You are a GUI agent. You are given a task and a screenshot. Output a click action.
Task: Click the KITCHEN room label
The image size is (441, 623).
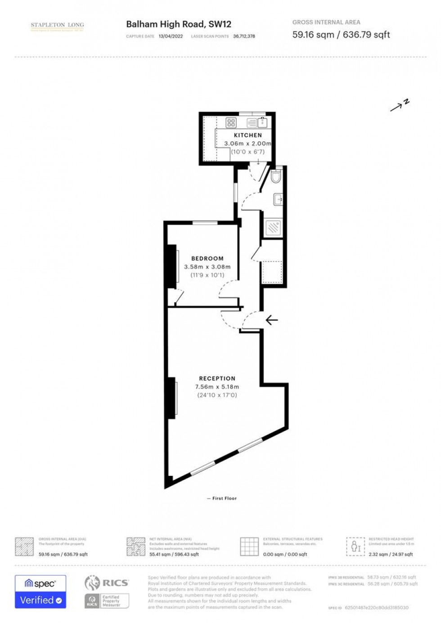click(x=247, y=135)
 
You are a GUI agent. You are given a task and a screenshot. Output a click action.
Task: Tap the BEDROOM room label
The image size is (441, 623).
click(x=207, y=259)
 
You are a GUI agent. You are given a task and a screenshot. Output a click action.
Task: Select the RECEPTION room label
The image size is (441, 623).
click(x=217, y=379)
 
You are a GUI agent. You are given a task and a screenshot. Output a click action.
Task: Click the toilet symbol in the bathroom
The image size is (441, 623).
click(x=276, y=177)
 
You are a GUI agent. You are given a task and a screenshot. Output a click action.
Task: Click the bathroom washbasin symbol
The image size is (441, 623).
click(x=278, y=199)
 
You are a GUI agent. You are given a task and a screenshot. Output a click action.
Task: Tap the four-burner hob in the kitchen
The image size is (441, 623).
click(x=231, y=122)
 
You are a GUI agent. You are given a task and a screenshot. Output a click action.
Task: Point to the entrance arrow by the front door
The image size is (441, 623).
click(x=271, y=320)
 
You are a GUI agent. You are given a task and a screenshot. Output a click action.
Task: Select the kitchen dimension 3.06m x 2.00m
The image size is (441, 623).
click(x=248, y=143)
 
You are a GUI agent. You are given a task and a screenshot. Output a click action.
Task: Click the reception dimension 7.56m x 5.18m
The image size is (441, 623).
click(x=217, y=387)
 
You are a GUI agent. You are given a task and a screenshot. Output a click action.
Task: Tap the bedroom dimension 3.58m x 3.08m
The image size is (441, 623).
click(x=207, y=267)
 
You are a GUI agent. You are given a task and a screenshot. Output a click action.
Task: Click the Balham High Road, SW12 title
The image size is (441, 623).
click(x=178, y=24)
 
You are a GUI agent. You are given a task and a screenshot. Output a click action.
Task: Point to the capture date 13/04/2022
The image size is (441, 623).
click(x=171, y=36)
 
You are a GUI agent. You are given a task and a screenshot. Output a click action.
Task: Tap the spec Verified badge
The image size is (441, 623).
click(x=40, y=592)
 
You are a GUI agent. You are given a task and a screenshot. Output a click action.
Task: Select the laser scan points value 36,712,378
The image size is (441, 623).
click(x=244, y=36)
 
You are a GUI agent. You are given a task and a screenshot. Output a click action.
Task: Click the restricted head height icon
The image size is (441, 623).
click(x=355, y=547)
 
